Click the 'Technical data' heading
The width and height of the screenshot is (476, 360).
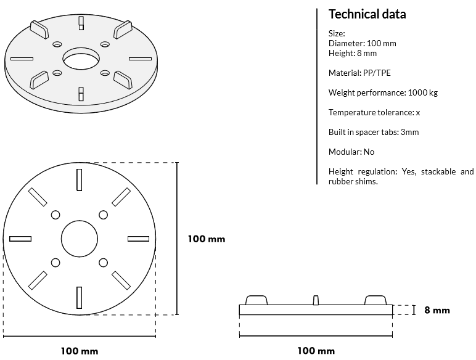point(367,14)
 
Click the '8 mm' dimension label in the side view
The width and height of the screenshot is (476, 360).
point(437,310)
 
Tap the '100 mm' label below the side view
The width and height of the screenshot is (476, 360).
point(316,351)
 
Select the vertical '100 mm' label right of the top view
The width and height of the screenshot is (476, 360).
point(207,239)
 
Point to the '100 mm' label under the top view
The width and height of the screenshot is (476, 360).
point(80,351)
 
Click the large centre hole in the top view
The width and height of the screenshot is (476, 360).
point(80,239)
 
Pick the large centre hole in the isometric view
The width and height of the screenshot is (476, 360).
point(81,59)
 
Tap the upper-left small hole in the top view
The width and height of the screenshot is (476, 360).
point(55,215)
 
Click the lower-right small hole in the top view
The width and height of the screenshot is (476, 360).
point(103,263)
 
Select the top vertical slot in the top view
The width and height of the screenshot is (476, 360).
point(80,180)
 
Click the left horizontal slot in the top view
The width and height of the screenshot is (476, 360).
point(20,239)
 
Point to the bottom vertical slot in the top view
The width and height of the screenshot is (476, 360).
point(80,298)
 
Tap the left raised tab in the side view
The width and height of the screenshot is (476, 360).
point(256,300)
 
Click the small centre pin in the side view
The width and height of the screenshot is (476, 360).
point(316,300)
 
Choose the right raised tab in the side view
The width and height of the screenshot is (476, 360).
point(375,300)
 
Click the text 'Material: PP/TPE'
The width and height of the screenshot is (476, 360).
point(359,73)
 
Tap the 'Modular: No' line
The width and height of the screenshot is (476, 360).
point(351,152)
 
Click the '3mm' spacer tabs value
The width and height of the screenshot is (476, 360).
point(409,132)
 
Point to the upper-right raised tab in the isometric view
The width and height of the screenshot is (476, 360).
point(123,30)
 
